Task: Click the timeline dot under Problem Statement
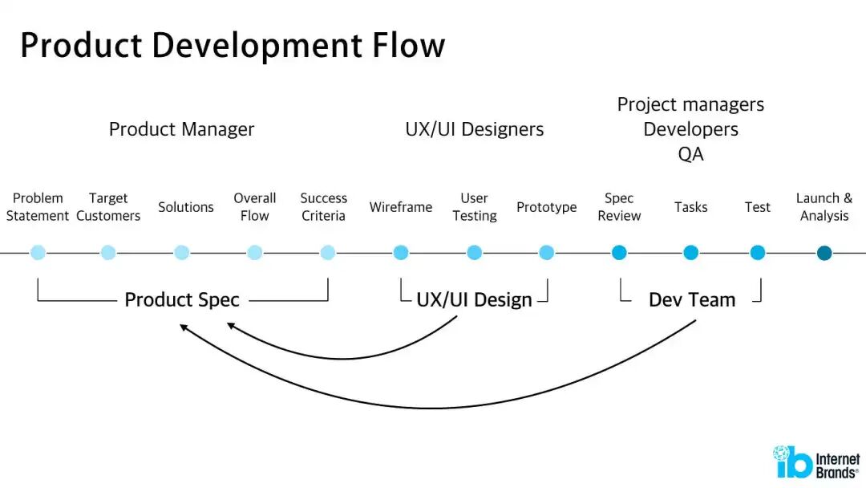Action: (38, 253)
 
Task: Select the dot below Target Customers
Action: (108, 253)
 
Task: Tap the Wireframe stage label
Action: (401, 207)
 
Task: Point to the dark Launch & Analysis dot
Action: (824, 253)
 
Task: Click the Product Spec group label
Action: (182, 300)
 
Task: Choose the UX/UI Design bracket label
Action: (474, 300)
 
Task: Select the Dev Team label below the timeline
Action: (692, 300)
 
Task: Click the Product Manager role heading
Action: (181, 129)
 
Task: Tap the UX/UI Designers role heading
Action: (475, 129)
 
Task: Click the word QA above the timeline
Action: (690, 154)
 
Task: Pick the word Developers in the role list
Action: (690, 129)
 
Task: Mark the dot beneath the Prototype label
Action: (547, 253)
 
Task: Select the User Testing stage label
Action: (475, 207)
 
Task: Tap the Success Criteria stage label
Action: (323, 207)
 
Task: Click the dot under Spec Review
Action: (619, 253)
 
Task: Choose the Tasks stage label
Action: (690, 207)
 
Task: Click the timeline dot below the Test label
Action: (758, 253)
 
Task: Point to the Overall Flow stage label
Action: (255, 207)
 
